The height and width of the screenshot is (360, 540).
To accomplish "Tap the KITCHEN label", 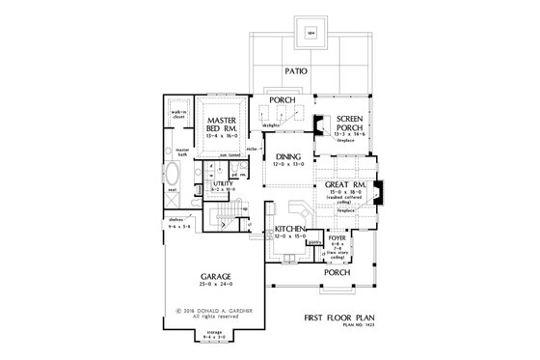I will (x=290, y=228).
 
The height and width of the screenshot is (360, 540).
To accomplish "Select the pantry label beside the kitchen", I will (x=313, y=242).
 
